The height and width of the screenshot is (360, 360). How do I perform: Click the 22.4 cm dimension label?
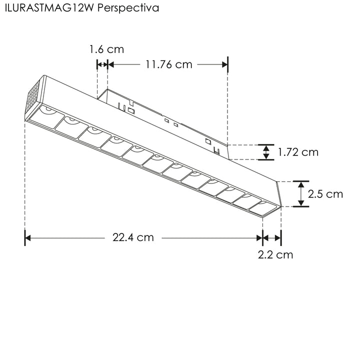(x=132, y=237)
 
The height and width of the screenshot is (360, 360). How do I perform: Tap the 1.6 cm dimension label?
(x=106, y=49)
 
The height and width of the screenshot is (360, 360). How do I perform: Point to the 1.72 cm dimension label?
(x=298, y=152)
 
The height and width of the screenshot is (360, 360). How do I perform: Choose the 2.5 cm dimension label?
(x=325, y=194)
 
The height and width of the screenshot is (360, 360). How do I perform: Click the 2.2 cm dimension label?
(x=275, y=254)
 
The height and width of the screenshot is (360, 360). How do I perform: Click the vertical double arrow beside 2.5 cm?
(x=301, y=194)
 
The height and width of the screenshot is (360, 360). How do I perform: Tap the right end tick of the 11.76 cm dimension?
(x=227, y=64)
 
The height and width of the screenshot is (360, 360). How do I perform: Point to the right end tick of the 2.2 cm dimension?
(x=281, y=238)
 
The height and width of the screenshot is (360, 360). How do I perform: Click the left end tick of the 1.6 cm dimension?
(x=96, y=64)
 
